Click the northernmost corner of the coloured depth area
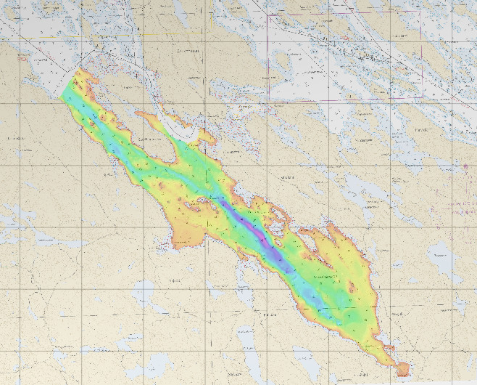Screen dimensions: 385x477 [x=78, y=70]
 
